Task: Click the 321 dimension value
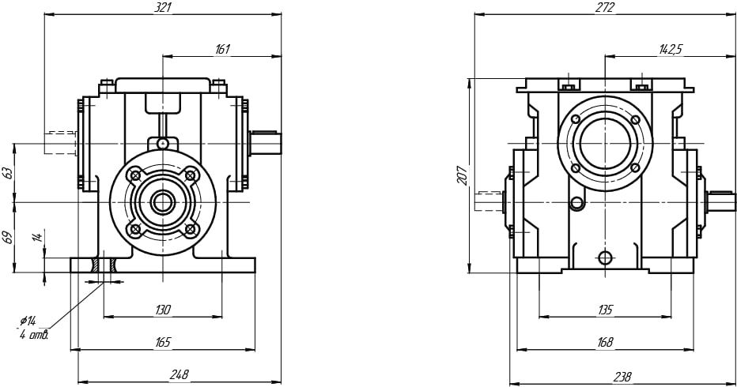pyautogui.click(x=163, y=7)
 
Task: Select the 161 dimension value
pyautogui.click(x=222, y=49)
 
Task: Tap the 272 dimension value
pyautogui.click(x=605, y=7)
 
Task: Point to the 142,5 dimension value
pyautogui.click(x=670, y=49)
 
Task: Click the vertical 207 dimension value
pyautogui.click(x=462, y=175)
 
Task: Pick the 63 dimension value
pyautogui.click(x=9, y=172)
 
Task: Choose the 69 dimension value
pyautogui.click(x=9, y=237)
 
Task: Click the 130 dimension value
pyautogui.click(x=163, y=310)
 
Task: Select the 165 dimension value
pyautogui.click(x=163, y=342)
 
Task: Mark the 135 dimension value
pyautogui.click(x=605, y=310)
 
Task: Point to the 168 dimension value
pyautogui.click(x=605, y=342)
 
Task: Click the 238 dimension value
pyautogui.click(x=605, y=374)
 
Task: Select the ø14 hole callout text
pyautogui.click(x=28, y=321)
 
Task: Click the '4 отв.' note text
pyautogui.click(x=34, y=335)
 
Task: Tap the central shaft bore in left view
pyautogui.click(x=163, y=201)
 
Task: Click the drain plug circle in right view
pyautogui.click(x=605, y=257)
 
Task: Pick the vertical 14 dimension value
pyautogui.click(x=36, y=237)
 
